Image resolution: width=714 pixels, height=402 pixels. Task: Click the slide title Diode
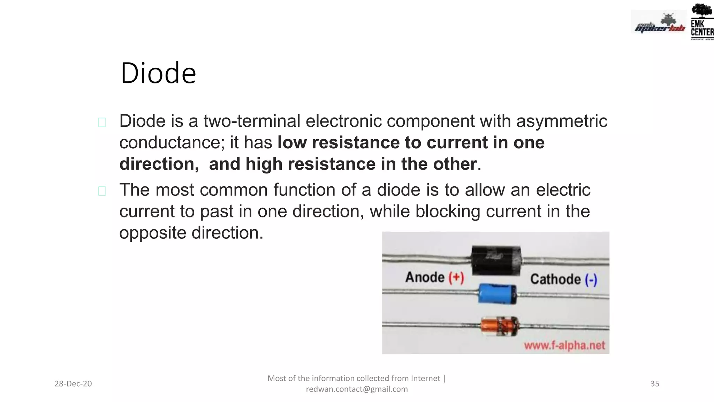tap(158, 73)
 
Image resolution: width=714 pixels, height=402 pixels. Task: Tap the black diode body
tap(496, 260)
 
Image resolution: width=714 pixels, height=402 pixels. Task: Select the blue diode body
tap(497, 293)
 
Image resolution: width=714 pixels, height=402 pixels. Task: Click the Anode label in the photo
tap(425, 277)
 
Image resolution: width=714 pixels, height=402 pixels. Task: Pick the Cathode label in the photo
tap(555, 279)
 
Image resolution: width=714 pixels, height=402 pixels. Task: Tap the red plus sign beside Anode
tap(456, 278)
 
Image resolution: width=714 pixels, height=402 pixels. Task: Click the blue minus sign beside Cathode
tap(591, 280)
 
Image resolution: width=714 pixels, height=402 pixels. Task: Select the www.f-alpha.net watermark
tap(564, 345)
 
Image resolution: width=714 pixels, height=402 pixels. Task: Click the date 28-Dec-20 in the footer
tap(73, 384)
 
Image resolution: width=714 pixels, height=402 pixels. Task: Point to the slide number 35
tap(655, 384)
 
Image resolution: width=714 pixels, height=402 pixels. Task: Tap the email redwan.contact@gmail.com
tap(357, 389)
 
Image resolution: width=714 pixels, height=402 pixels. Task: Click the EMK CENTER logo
tap(702, 22)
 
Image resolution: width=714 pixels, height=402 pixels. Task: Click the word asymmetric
tap(562, 121)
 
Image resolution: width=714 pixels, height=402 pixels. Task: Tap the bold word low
tap(292, 143)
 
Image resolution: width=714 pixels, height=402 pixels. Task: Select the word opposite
tap(153, 233)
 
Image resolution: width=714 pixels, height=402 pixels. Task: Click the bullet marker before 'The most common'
tap(102, 191)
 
